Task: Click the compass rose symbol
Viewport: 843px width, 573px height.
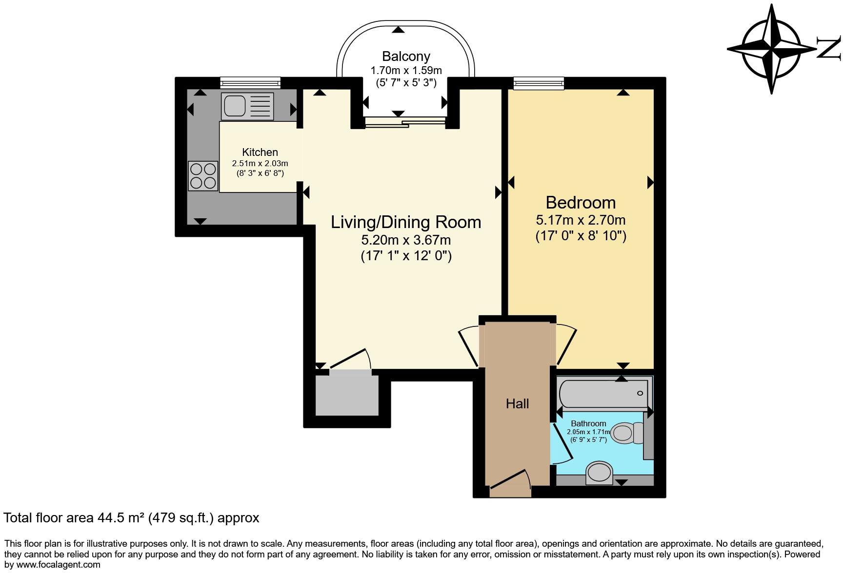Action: coord(772,49)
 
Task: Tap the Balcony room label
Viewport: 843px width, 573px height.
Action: coord(405,57)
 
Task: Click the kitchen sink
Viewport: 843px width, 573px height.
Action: coord(247,106)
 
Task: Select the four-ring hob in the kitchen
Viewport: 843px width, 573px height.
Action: coord(203,175)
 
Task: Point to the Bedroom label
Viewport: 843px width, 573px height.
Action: coord(580,202)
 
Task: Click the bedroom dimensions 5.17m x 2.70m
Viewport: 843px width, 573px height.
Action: coord(580,220)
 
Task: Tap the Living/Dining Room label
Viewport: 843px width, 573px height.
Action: coord(405,222)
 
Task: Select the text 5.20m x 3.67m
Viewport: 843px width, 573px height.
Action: coord(405,240)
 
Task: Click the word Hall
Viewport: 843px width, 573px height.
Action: coord(517,403)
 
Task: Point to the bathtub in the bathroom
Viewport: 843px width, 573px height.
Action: coord(603,394)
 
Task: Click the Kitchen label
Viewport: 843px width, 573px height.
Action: coord(260,153)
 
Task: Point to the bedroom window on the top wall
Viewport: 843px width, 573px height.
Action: coord(539,83)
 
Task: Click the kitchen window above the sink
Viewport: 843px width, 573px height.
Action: coord(250,83)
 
